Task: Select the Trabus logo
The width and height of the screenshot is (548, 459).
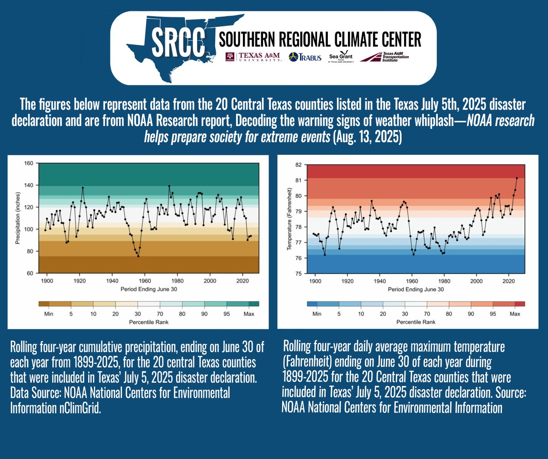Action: pyautogui.click(x=306, y=57)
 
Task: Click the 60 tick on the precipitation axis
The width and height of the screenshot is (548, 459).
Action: pyautogui.click(x=29, y=274)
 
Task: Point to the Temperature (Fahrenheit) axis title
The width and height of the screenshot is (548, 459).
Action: pyautogui.click(x=288, y=219)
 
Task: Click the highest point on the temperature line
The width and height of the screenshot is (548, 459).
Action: pyautogui.click(x=516, y=178)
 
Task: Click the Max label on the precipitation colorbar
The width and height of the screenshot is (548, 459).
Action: pyautogui.click(x=248, y=314)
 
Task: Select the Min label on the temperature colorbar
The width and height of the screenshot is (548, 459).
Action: pyautogui.click(x=315, y=314)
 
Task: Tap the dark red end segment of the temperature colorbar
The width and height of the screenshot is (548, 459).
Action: pyautogui.click(x=519, y=303)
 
